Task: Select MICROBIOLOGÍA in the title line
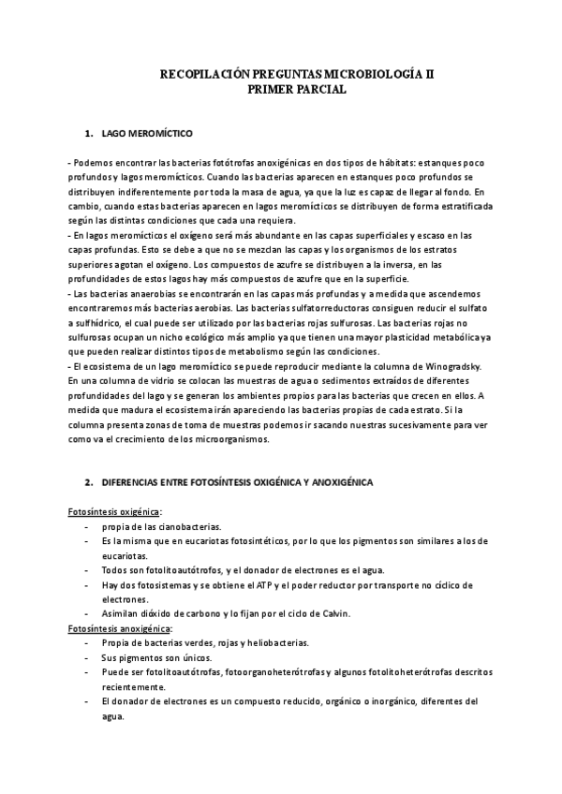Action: coord(374,73)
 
